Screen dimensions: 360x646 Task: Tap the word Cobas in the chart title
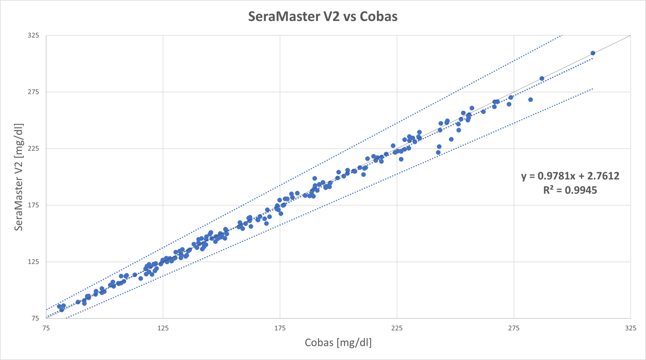(x=379, y=16)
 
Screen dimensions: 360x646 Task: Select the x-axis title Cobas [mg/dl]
(x=338, y=342)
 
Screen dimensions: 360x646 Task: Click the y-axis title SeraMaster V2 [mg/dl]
(x=18, y=177)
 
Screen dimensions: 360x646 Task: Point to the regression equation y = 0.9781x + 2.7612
(x=570, y=176)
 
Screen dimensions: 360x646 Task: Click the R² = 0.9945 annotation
(x=570, y=190)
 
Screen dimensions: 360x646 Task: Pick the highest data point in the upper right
(x=593, y=53)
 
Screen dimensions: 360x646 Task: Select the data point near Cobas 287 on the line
(x=542, y=79)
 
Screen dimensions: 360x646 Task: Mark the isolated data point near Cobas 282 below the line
(x=530, y=100)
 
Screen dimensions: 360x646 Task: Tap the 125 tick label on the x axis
(x=163, y=328)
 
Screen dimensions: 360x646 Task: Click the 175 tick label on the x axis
(x=280, y=328)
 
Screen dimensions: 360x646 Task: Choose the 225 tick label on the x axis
(x=397, y=328)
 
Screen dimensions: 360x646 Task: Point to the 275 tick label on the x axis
(x=514, y=328)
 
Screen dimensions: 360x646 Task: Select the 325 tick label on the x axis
(x=630, y=328)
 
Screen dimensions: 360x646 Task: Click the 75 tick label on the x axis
(x=46, y=328)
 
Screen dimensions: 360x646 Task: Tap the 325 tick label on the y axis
(x=33, y=36)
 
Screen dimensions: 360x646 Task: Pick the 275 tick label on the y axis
(x=33, y=92)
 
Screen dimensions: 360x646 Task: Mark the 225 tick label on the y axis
(x=33, y=149)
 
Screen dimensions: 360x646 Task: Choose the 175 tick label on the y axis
(x=33, y=205)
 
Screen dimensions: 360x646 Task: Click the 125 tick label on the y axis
(x=33, y=262)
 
